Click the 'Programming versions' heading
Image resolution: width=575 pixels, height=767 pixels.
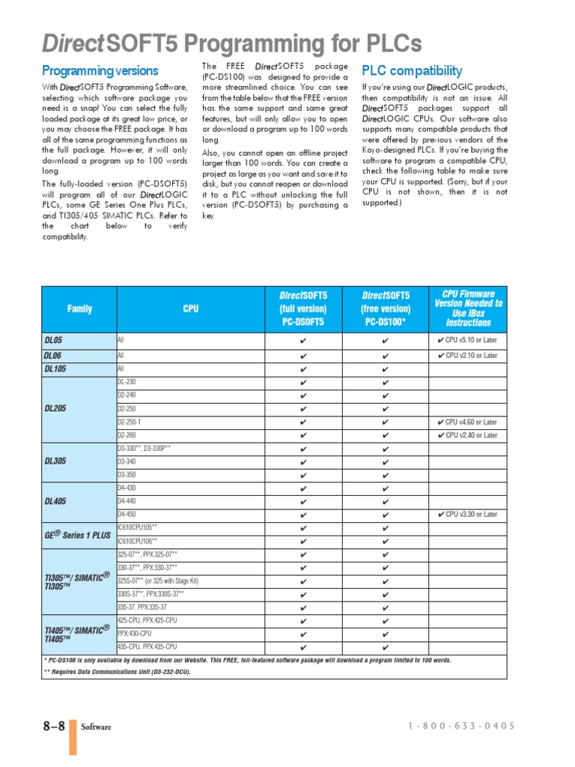tap(100, 71)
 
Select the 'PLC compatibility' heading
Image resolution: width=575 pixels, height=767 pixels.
tap(412, 71)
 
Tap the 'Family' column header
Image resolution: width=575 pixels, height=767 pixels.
tap(79, 309)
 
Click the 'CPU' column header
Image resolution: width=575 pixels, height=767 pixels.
tap(190, 309)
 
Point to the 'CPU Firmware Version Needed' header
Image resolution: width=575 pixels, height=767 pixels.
tap(468, 309)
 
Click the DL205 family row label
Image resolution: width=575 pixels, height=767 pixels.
tap(56, 409)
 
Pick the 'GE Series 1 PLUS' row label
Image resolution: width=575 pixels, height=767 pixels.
tap(76, 534)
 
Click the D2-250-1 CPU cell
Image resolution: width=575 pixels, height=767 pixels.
tap(134, 422)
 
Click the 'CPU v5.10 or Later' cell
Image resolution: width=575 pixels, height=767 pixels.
tap(467, 340)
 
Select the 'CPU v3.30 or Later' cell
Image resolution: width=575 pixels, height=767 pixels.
tap(467, 515)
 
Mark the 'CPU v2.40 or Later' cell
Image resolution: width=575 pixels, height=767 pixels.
tap(467, 435)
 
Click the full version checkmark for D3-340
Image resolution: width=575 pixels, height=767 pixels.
tap(303, 462)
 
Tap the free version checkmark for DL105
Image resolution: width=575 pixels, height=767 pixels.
tap(386, 369)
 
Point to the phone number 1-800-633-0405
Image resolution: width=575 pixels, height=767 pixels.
tap(462, 727)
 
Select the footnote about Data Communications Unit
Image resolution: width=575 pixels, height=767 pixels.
tap(117, 672)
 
